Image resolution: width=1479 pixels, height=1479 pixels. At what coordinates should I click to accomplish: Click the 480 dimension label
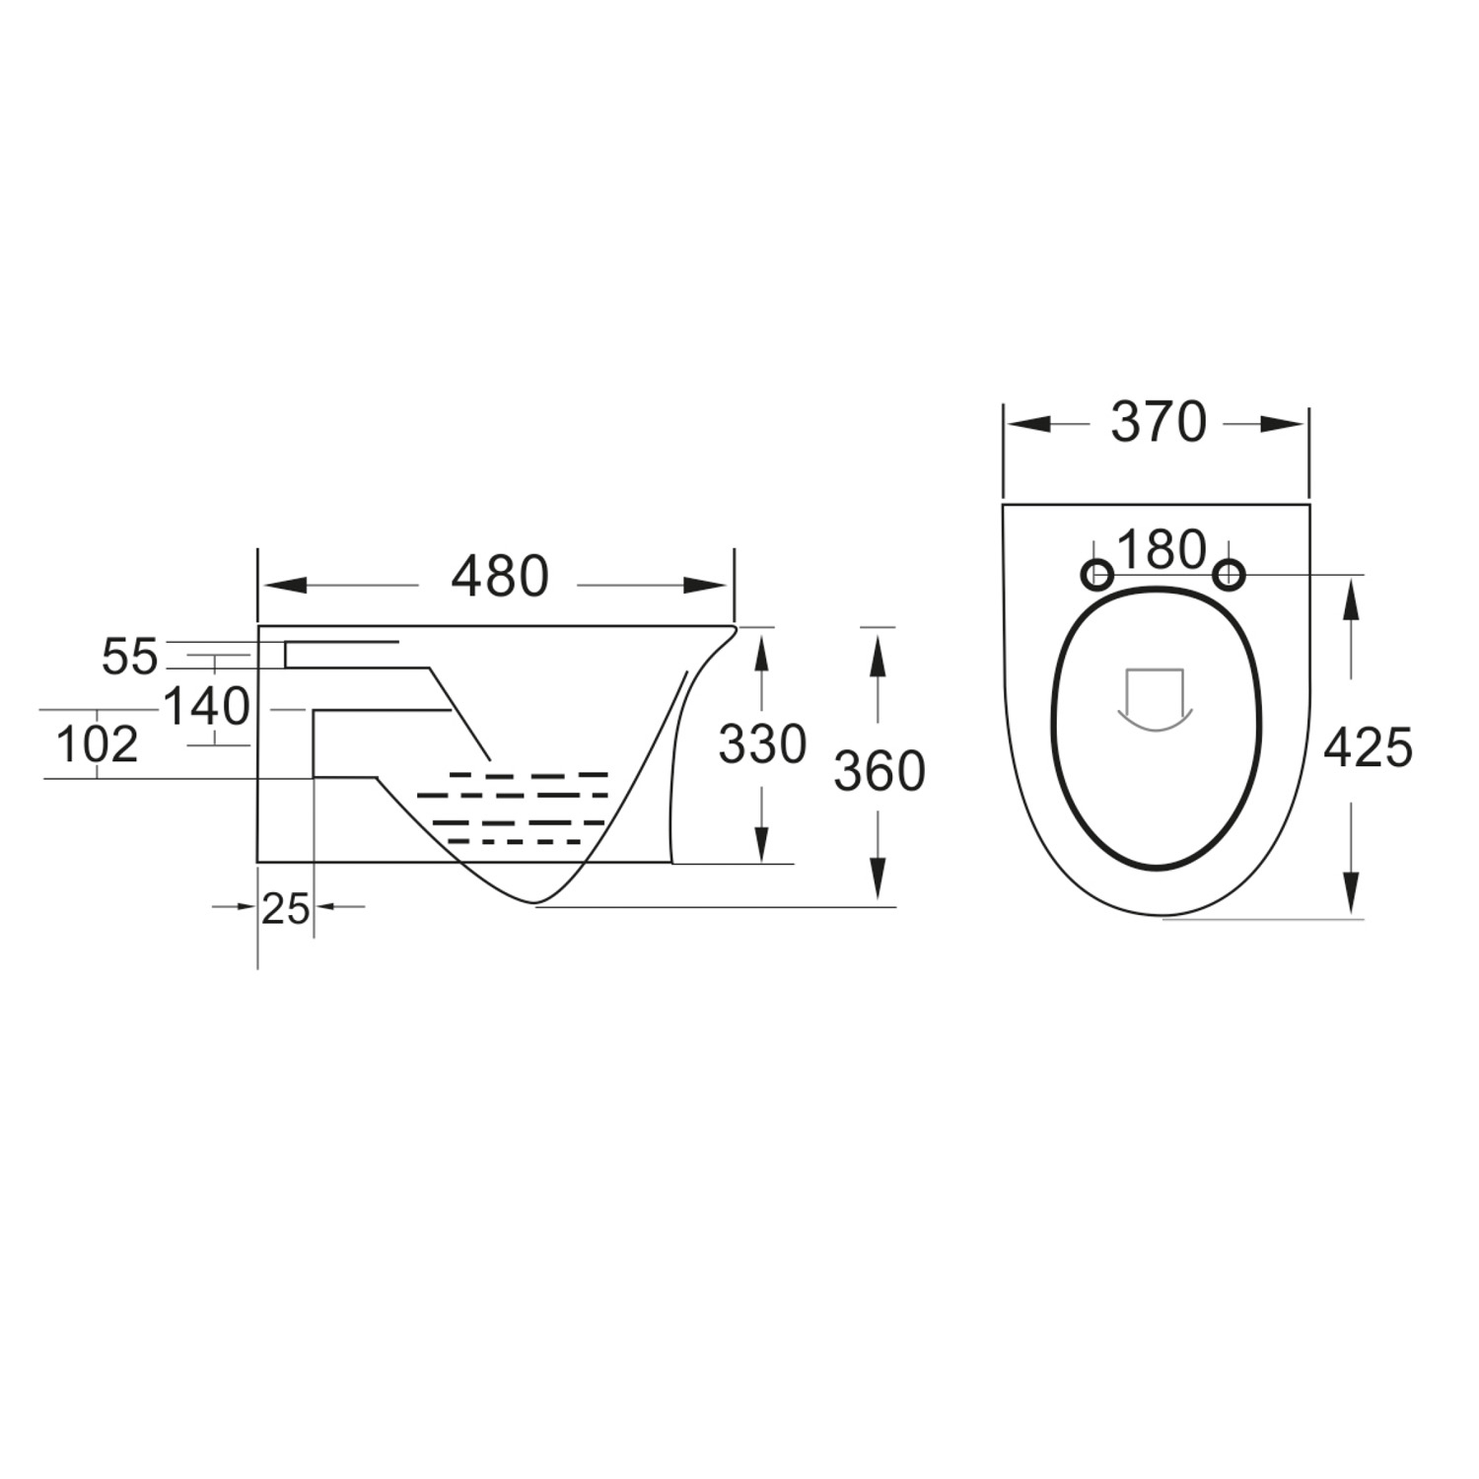pos(499,578)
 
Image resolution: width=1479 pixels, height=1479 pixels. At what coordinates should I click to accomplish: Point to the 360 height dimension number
pos(880,771)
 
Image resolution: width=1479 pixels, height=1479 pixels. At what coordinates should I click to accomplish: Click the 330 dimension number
pos(762,745)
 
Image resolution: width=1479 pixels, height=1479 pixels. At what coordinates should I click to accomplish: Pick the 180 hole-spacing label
pos(1162,550)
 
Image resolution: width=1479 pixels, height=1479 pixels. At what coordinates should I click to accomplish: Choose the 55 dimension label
pos(129,658)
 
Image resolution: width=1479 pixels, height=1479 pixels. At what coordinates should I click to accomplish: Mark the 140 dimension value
pos(206,707)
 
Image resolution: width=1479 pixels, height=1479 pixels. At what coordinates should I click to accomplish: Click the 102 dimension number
pos(96,745)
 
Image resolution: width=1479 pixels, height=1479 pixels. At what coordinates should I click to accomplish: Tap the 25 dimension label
pos(285,908)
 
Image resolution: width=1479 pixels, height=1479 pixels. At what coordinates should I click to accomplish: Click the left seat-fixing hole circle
pos(1097,574)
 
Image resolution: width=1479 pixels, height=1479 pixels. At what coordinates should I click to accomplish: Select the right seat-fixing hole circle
pos(1228,574)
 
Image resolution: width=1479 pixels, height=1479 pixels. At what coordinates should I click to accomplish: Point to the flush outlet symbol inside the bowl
pos(1154,700)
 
